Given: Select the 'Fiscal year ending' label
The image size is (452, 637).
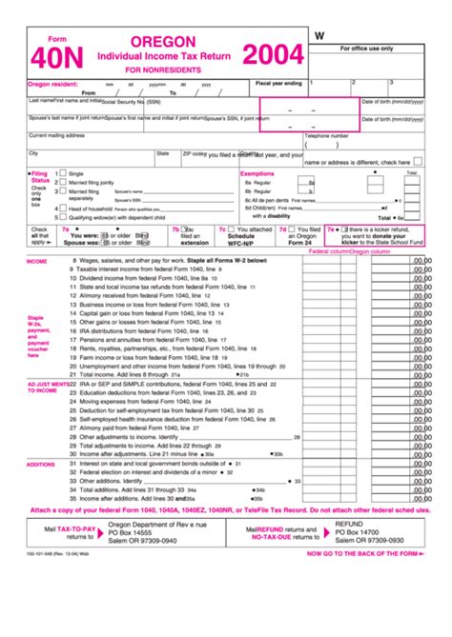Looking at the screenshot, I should click(278, 83).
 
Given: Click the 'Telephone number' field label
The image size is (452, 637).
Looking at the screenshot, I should click(329, 135).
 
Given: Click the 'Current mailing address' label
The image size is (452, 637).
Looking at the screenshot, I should click(57, 135).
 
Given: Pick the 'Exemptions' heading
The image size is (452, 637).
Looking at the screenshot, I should click(257, 173).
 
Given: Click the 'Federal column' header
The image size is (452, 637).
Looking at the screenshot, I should click(329, 251).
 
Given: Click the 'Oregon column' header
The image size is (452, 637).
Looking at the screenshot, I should click(373, 251).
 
